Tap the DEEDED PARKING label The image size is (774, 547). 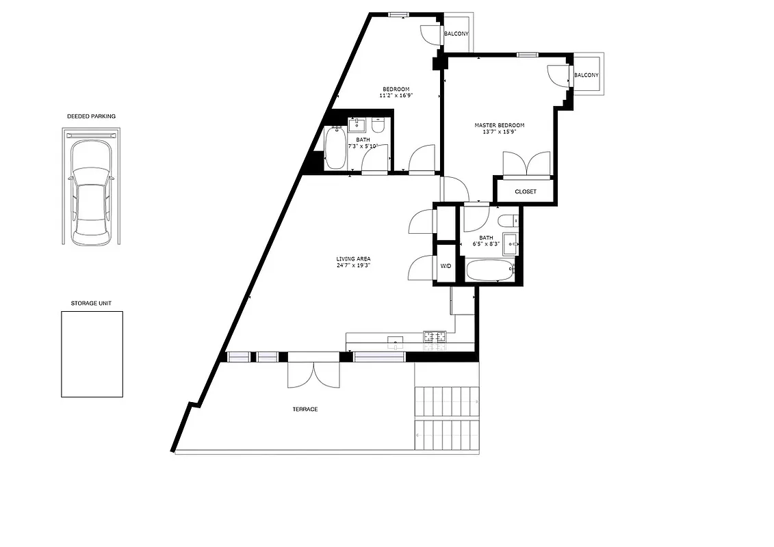[91, 116]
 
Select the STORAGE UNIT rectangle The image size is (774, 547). [92, 353]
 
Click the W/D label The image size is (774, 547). [446, 266]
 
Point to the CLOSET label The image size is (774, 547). [526, 191]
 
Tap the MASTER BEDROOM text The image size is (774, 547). [500, 125]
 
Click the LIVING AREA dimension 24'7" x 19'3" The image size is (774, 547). [353, 266]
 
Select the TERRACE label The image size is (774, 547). [305, 409]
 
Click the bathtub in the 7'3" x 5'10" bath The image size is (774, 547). [335, 149]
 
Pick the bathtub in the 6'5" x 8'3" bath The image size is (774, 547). [489, 270]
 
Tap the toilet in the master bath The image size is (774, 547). [507, 221]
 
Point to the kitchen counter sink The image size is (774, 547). [395, 341]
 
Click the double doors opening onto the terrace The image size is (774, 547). [313, 373]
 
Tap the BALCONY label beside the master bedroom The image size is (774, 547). [586, 75]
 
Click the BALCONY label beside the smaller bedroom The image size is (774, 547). [456, 34]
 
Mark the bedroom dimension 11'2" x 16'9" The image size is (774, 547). [396, 96]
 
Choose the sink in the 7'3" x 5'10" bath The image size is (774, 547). [357, 125]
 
